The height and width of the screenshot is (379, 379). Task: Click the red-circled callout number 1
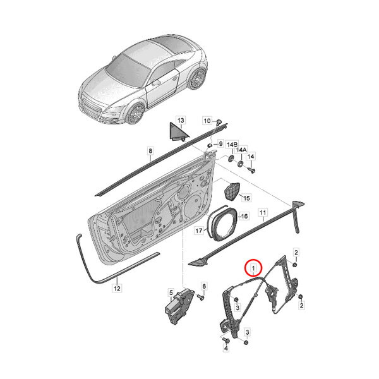point(253,268)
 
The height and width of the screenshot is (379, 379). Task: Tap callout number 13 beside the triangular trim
point(181,120)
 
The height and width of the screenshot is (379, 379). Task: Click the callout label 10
point(207,121)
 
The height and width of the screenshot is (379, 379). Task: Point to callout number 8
point(150,151)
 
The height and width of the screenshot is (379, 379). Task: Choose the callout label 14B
point(232,145)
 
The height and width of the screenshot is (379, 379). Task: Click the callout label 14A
point(241,150)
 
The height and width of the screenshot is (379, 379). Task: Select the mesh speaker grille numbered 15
point(232,191)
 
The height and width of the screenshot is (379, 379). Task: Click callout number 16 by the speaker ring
point(244,216)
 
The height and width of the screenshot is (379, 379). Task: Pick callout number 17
point(199,231)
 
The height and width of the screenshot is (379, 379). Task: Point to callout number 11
point(263,212)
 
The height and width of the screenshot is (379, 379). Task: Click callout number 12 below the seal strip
point(117,288)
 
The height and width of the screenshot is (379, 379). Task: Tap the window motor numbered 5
point(179,306)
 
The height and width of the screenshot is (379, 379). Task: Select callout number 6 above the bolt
point(204,286)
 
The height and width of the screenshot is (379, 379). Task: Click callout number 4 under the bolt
point(226,348)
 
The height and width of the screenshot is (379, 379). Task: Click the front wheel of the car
point(136,113)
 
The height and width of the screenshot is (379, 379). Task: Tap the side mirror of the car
point(156,83)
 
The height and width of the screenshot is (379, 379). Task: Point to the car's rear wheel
point(198,79)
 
